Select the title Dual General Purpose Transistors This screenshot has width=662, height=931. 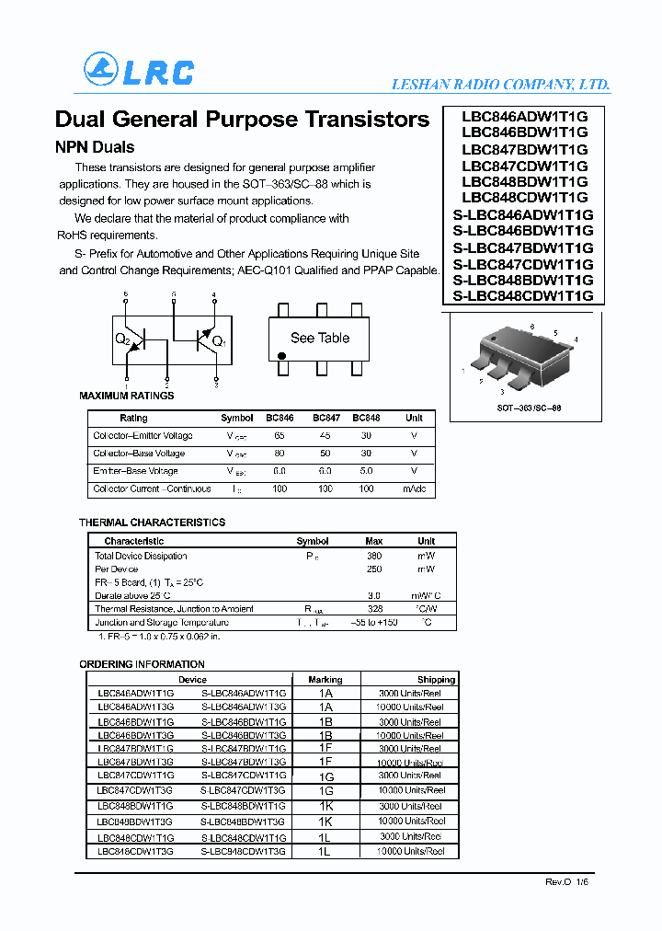(242, 120)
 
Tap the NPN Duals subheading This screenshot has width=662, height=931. (95, 147)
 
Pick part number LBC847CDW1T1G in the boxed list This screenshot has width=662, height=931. (524, 166)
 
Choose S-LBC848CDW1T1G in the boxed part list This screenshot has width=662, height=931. (523, 295)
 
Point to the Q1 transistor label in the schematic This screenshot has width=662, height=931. (218, 342)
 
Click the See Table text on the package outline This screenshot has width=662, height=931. (320, 338)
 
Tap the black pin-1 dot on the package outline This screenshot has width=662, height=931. (281, 355)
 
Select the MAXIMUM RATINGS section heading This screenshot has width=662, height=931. (127, 396)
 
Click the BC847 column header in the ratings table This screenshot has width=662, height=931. (325, 418)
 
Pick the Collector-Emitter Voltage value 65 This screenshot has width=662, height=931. (280, 436)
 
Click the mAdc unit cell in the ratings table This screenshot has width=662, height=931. (414, 488)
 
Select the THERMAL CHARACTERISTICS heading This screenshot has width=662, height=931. (152, 523)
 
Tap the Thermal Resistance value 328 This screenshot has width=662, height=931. (374, 609)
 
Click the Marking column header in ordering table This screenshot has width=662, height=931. (325, 680)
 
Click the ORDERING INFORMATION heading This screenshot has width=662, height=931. (142, 664)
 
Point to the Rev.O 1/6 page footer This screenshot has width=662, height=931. (568, 881)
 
